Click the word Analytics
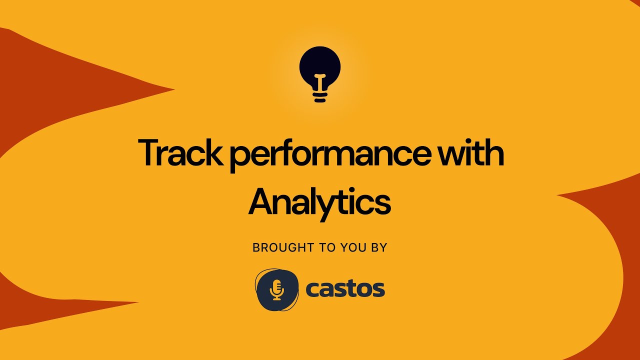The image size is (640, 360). click(319, 202)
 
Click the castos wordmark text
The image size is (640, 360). click(345, 289)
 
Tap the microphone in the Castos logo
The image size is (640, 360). click(276, 289)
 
